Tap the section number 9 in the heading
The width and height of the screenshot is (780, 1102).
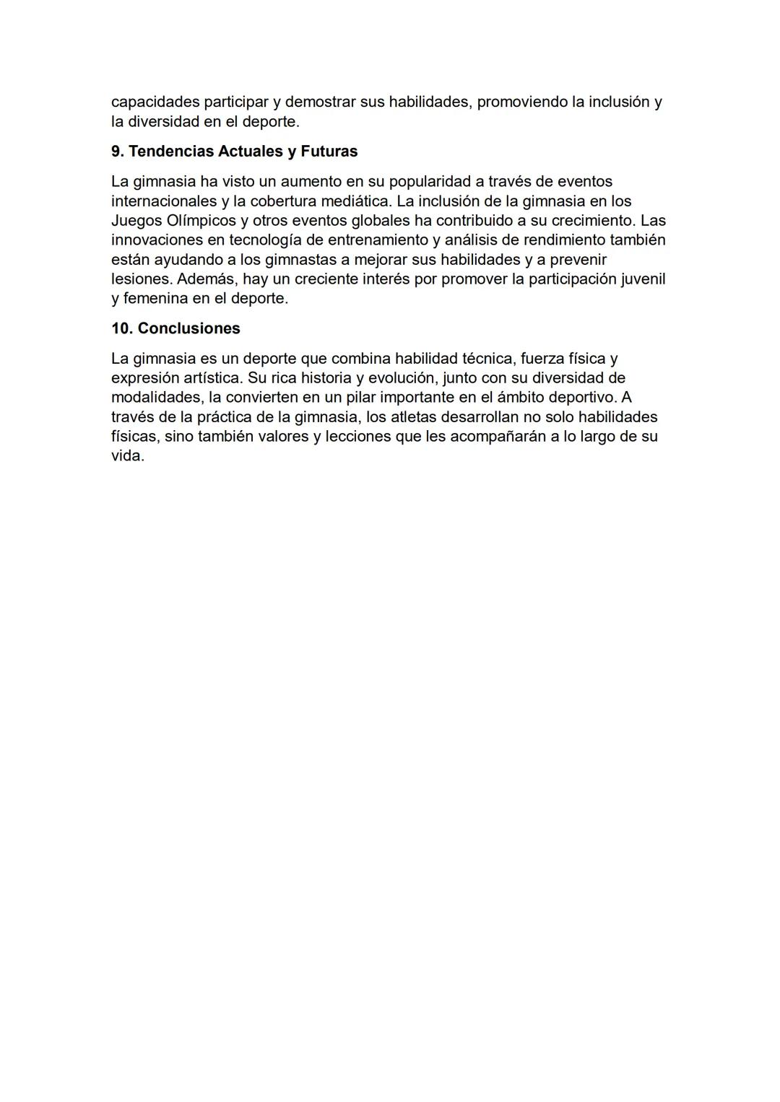coord(117,152)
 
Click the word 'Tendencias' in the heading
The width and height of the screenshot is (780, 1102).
coord(170,152)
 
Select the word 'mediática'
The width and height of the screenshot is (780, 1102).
coord(357,201)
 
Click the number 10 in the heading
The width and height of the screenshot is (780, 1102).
coord(121,328)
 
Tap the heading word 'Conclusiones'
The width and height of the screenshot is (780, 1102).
coord(189,328)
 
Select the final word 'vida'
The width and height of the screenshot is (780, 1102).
coord(127,455)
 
